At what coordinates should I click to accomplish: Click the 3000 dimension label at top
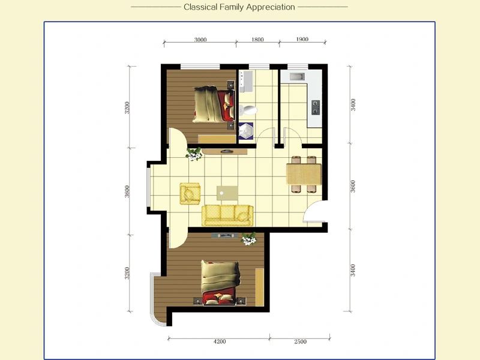(200, 40)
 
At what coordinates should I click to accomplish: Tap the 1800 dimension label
(257, 40)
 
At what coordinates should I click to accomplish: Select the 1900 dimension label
(302, 39)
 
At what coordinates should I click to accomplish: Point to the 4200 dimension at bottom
(220, 341)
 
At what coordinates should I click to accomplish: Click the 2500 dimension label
(301, 341)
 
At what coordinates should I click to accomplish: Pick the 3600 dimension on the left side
(127, 191)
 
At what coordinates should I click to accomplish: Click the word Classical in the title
(200, 7)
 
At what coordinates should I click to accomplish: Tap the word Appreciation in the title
(271, 7)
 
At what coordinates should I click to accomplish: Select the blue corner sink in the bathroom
(246, 131)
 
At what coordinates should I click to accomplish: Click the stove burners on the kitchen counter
(316, 107)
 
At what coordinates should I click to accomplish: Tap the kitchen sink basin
(297, 77)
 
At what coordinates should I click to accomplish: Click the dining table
(304, 174)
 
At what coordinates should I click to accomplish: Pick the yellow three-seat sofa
(227, 215)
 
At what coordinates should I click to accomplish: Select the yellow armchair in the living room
(190, 193)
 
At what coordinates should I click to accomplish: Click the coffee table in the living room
(227, 193)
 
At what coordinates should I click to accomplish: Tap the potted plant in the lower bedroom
(249, 239)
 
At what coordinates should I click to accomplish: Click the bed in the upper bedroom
(214, 104)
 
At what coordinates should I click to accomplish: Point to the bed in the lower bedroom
(219, 283)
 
